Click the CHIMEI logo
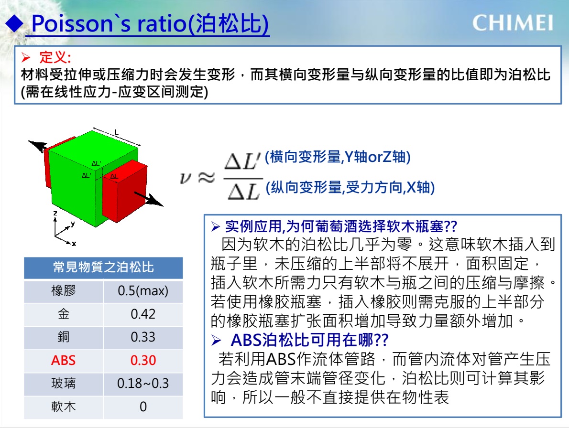point(513,23)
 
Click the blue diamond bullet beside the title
point(14,23)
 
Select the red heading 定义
point(55,57)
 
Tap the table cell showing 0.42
point(143,314)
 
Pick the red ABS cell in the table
point(64,361)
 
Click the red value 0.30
point(143,361)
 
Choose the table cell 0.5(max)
point(143,290)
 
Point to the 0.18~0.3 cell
point(143,384)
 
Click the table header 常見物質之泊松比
point(103,267)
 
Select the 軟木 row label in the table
point(64,407)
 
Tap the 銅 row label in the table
point(64,337)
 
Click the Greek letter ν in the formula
point(186,178)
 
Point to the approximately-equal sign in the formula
point(207,178)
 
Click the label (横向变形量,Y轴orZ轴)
point(338,157)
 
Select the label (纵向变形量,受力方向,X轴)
point(350,188)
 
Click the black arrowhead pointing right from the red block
point(155,201)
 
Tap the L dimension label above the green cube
point(117,133)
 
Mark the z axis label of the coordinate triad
point(55,214)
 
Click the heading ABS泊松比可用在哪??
point(309,340)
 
